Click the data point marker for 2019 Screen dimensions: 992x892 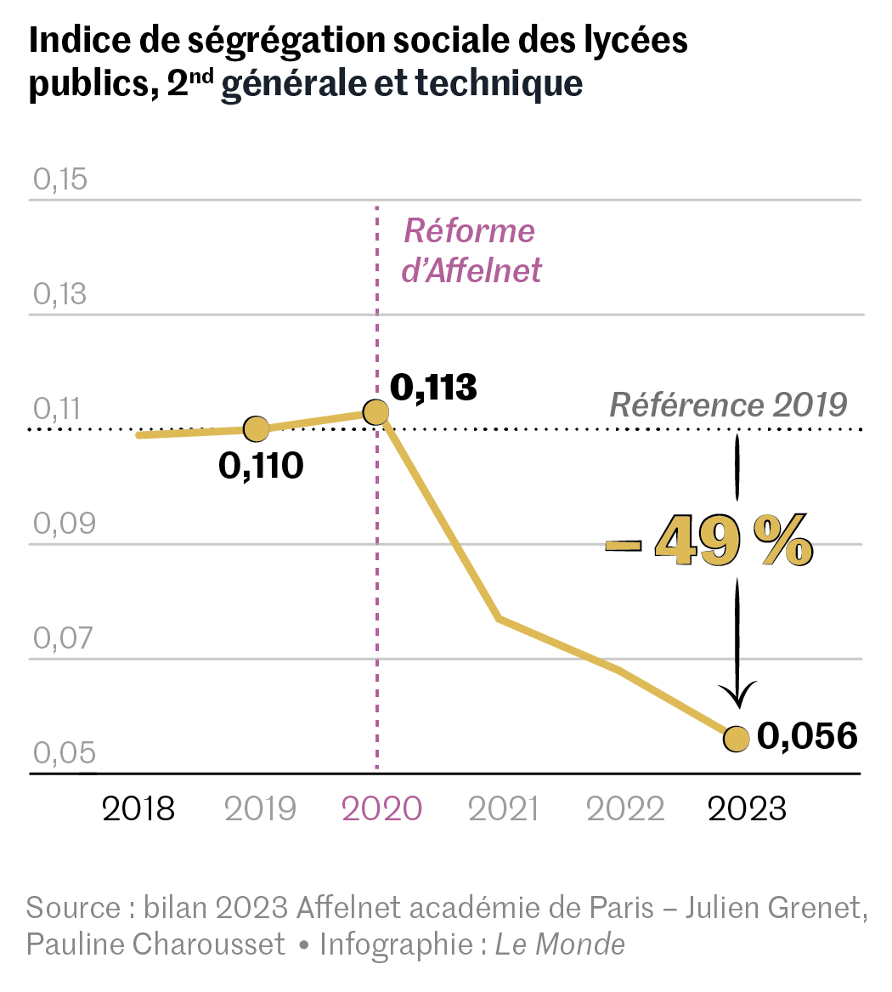coord(256,429)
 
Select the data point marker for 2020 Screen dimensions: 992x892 coord(375,412)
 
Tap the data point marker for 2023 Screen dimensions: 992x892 coord(736,739)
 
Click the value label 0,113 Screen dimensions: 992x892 coord(433,388)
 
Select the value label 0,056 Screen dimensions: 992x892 coord(807,736)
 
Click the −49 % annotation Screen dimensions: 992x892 coord(709,541)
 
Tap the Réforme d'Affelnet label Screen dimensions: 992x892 coord(470,251)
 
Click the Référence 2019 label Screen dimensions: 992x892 coord(729,405)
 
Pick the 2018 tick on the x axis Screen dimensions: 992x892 coord(138,809)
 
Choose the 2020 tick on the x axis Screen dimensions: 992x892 coord(381,809)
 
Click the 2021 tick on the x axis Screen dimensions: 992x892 coord(504,809)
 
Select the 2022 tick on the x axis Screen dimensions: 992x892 coord(625,809)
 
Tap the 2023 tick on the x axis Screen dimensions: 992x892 coord(747,809)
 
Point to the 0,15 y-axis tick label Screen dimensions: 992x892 coord(59,180)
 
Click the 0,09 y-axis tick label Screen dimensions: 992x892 coord(59,524)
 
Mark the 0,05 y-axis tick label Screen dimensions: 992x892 coord(59,754)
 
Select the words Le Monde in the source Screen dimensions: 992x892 coord(560,944)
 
